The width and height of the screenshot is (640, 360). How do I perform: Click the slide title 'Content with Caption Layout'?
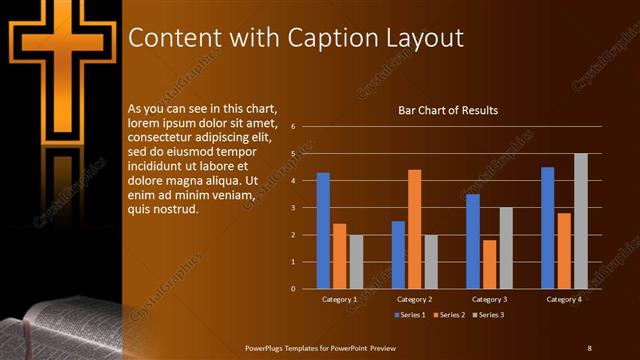(x=296, y=38)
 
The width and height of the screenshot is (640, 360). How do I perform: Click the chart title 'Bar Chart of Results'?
(x=448, y=110)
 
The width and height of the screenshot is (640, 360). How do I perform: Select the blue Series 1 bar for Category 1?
(x=323, y=230)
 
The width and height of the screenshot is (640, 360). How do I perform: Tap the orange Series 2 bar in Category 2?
(x=414, y=229)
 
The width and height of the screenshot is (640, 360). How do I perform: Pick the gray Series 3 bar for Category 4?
(x=581, y=221)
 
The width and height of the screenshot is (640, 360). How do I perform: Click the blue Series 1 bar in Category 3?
(x=473, y=241)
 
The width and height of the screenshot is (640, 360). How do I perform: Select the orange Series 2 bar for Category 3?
(x=489, y=264)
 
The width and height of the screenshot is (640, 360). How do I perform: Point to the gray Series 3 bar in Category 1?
(x=356, y=261)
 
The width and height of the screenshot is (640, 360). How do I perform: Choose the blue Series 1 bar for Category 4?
(x=548, y=227)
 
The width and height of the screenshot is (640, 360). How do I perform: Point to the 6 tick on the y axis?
(x=292, y=127)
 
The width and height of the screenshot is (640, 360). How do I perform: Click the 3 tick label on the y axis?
(x=292, y=208)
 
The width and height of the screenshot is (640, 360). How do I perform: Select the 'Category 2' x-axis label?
(x=414, y=299)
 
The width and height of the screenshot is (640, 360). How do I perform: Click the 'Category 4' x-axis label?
(x=564, y=299)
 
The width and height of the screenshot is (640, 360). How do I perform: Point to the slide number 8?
(x=589, y=347)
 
